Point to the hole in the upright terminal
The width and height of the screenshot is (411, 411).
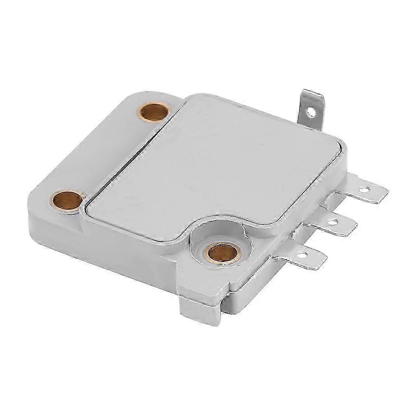[314, 110]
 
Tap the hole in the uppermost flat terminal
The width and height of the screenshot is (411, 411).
[363, 191]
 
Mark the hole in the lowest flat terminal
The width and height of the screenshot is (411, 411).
[303, 255]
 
